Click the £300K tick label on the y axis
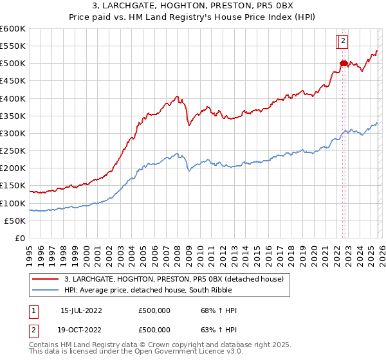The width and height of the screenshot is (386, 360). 13,134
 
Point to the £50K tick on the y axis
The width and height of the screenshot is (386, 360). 15,221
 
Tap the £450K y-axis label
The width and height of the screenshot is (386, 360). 13,81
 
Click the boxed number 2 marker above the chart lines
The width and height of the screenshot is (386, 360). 343,41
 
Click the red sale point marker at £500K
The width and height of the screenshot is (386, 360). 343,63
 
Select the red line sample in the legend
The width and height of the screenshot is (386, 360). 46,279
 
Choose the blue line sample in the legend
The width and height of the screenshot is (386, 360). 46,290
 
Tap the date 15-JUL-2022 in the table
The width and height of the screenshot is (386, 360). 81,310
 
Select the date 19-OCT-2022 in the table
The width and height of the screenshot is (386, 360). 81,330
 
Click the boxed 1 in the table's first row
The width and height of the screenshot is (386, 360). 33,310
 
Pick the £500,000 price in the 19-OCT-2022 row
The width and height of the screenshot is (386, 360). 154,330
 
